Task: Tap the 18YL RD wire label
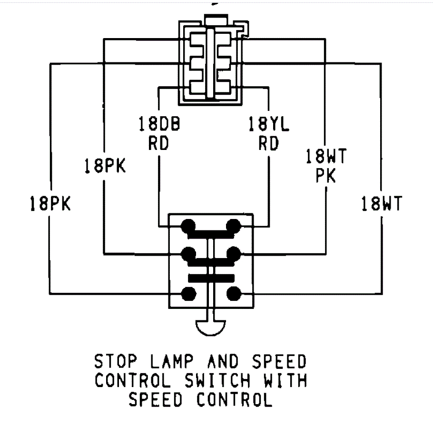(x=268, y=133)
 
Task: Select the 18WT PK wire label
(x=326, y=166)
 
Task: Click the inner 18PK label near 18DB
(x=105, y=166)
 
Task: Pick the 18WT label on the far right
(x=381, y=204)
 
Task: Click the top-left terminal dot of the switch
(x=189, y=225)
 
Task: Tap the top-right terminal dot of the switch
(x=233, y=225)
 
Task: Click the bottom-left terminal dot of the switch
(x=189, y=294)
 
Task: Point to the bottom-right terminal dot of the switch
(x=233, y=294)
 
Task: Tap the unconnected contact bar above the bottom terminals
(x=211, y=278)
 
